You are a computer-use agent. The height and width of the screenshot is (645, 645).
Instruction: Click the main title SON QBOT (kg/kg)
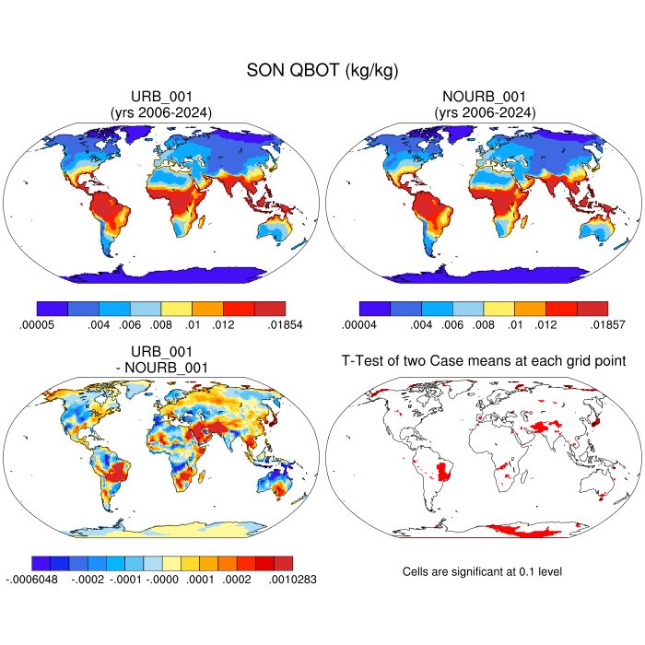322,70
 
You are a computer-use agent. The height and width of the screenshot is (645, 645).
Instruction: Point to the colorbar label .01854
284,324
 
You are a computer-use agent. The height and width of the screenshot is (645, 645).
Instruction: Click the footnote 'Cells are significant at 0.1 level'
482,571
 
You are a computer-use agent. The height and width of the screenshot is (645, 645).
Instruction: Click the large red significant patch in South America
444,473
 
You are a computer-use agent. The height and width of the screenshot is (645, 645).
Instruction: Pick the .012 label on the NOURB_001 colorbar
545,324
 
